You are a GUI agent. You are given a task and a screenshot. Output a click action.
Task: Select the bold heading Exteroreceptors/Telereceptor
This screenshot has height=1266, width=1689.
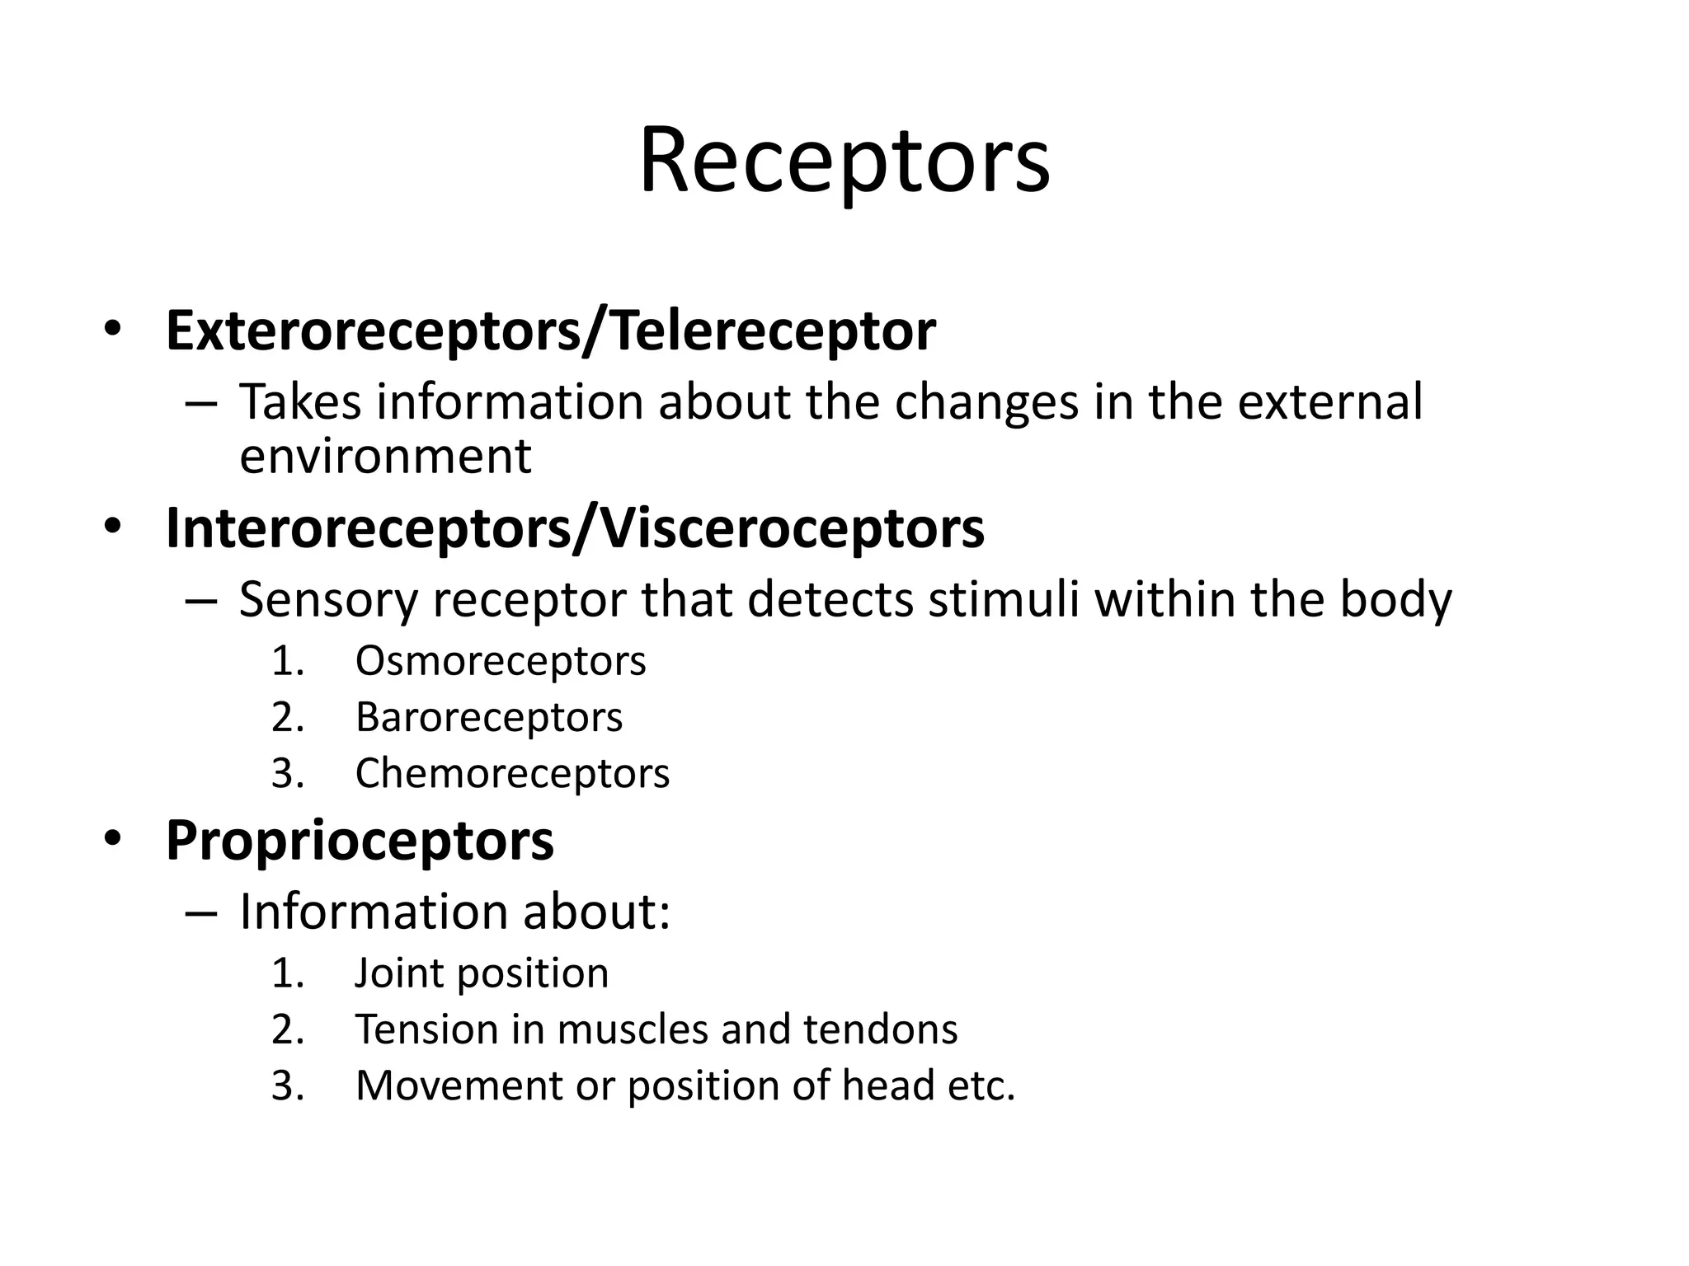[x=550, y=331]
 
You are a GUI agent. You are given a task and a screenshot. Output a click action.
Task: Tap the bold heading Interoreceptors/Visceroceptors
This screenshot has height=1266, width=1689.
[x=575, y=528]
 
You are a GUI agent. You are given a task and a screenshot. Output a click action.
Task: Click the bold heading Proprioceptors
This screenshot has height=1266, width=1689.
[x=360, y=842]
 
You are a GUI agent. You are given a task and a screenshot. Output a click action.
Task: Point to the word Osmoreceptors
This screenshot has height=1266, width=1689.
[x=501, y=661]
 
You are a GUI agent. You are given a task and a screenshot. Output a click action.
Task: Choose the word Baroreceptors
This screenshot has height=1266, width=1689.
[x=489, y=717]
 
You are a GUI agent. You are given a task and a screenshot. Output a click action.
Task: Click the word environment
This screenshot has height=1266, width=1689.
[x=385, y=456]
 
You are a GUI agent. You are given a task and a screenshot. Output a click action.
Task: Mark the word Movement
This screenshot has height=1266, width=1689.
[x=458, y=1085]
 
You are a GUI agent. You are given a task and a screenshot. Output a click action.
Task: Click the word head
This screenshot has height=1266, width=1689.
[x=887, y=1085]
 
